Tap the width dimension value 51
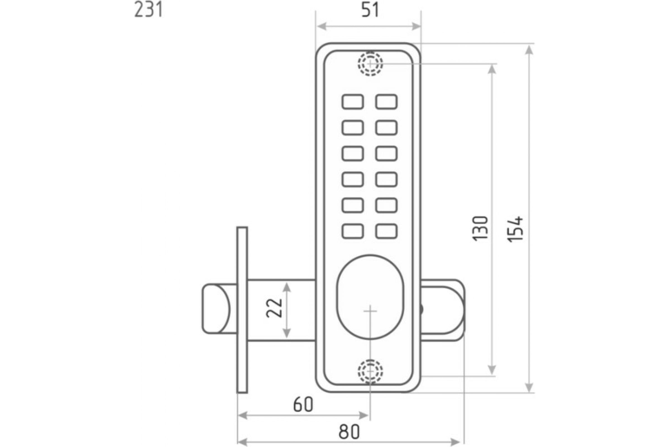point(370,11)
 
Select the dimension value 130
point(480,228)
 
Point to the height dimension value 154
point(516,229)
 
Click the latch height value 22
point(274,308)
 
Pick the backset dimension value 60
point(303,405)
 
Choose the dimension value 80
point(349,432)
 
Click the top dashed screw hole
point(370,64)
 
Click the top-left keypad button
point(353,102)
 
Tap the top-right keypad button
point(386,102)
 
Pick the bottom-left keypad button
point(353,231)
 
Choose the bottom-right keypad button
point(386,231)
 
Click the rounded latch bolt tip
point(216,309)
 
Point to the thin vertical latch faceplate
point(242,310)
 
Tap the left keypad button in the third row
point(353,153)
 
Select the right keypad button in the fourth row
point(386,179)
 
